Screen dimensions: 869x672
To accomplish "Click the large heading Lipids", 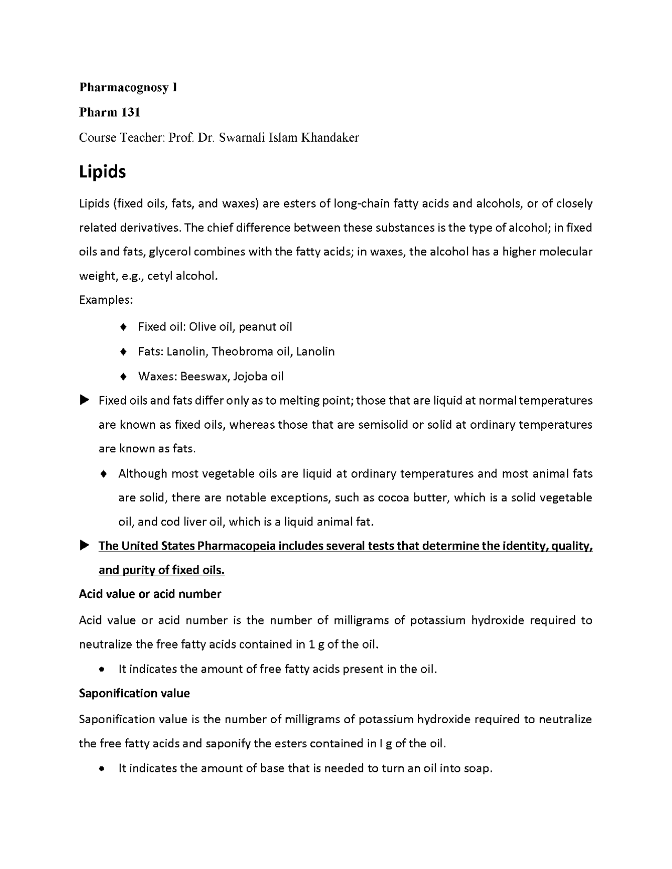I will click(102, 172).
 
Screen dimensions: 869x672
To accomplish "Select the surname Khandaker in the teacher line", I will click(330, 138).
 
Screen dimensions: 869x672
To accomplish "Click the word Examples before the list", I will click(106, 300).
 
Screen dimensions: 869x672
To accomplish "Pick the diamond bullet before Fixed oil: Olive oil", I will click(123, 327).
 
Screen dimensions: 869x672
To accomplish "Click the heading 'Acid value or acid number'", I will click(150, 594).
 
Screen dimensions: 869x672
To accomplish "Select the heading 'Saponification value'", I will click(134, 693).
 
